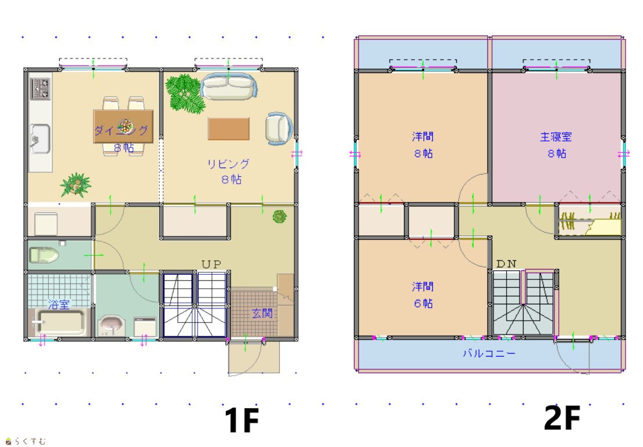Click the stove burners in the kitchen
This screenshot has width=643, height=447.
point(41,89)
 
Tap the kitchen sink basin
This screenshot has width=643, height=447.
point(40,139)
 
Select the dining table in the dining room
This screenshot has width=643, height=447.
point(124,126)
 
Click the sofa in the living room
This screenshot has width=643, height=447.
point(229,86)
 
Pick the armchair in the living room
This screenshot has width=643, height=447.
point(279,129)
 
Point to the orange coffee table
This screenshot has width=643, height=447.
point(229,129)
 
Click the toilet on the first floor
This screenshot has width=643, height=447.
point(44,255)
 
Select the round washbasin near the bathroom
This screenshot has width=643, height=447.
point(111,324)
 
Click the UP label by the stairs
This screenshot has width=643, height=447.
point(212,264)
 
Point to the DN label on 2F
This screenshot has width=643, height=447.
point(507,264)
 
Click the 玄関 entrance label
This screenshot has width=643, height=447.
point(262,314)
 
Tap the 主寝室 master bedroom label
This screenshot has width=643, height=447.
point(555,137)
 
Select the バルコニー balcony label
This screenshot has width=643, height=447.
point(489,353)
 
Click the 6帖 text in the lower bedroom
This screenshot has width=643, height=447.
point(423,303)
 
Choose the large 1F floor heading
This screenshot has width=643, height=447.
point(241,420)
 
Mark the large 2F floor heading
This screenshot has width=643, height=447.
point(562,417)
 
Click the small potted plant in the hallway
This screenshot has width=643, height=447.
point(280,216)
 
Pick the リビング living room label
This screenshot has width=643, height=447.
point(228,164)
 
